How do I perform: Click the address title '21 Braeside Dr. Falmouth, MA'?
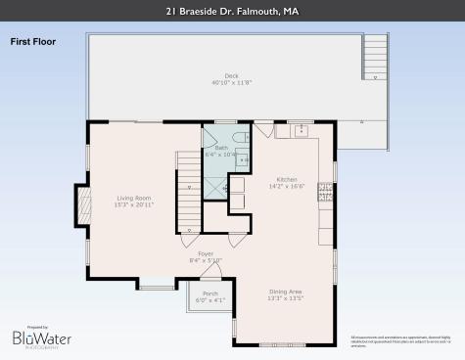[232, 12]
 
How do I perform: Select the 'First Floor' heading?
[34, 42]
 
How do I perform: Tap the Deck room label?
[231, 75]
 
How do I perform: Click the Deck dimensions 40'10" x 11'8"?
[231, 83]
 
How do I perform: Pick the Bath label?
[221, 148]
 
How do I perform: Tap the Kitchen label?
[286, 178]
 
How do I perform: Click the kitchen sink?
[302, 129]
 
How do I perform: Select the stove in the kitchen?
[325, 192]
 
